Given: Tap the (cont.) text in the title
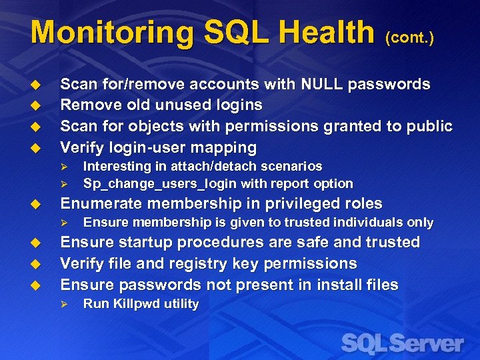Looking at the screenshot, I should pyautogui.click(x=409, y=38).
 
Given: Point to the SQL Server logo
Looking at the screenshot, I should pyautogui.click(x=402, y=343).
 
